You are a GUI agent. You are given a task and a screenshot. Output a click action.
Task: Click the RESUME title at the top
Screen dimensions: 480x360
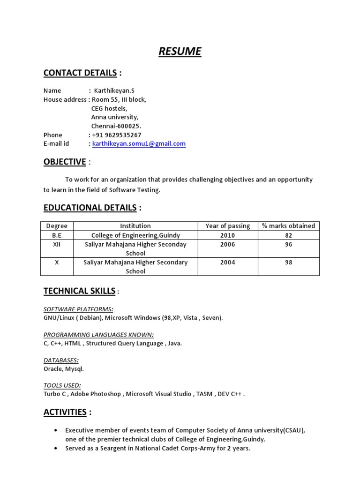pyautogui.click(x=180, y=51)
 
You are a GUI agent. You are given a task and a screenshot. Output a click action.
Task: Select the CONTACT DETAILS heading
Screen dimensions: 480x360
pyautogui.click(x=80, y=73)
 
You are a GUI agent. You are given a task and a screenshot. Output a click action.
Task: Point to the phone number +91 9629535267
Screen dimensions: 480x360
pyautogui.click(x=117, y=135)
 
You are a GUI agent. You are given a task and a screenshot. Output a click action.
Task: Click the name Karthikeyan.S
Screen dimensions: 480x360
pyautogui.click(x=114, y=90)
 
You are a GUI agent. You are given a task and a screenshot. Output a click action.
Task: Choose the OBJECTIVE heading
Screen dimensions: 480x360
pyautogui.click(x=65, y=162)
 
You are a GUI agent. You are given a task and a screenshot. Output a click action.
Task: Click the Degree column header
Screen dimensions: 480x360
pyautogui.click(x=57, y=226)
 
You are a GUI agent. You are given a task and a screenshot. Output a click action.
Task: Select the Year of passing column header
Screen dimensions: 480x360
pyautogui.click(x=227, y=226)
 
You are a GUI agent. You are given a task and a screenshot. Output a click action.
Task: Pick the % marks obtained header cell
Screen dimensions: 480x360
pyautogui.click(x=288, y=226)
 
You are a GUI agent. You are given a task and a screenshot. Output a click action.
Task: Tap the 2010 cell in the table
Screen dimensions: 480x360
pyautogui.click(x=227, y=235)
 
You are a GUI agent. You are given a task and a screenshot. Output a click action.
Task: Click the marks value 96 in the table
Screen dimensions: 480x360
pyautogui.click(x=288, y=245)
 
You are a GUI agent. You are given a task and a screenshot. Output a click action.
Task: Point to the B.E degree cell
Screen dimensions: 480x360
pyautogui.click(x=57, y=235)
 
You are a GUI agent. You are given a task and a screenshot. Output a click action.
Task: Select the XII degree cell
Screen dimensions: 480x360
pyautogui.click(x=57, y=245)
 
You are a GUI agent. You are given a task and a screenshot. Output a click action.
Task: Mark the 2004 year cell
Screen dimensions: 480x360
pyautogui.click(x=227, y=262)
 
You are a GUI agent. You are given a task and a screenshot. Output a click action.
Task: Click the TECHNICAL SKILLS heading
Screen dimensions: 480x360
pyautogui.click(x=79, y=291)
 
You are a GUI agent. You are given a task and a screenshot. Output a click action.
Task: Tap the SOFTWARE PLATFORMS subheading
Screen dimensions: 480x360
pyautogui.click(x=78, y=309)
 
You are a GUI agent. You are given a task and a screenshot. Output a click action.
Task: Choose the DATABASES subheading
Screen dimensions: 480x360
pyautogui.click(x=61, y=360)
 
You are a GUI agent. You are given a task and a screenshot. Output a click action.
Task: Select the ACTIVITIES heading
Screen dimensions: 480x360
pyautogui.click(x=65, y=412)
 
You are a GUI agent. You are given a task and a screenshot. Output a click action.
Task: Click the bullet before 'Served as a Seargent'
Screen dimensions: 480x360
pyautogui.click(x=57, y=449)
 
